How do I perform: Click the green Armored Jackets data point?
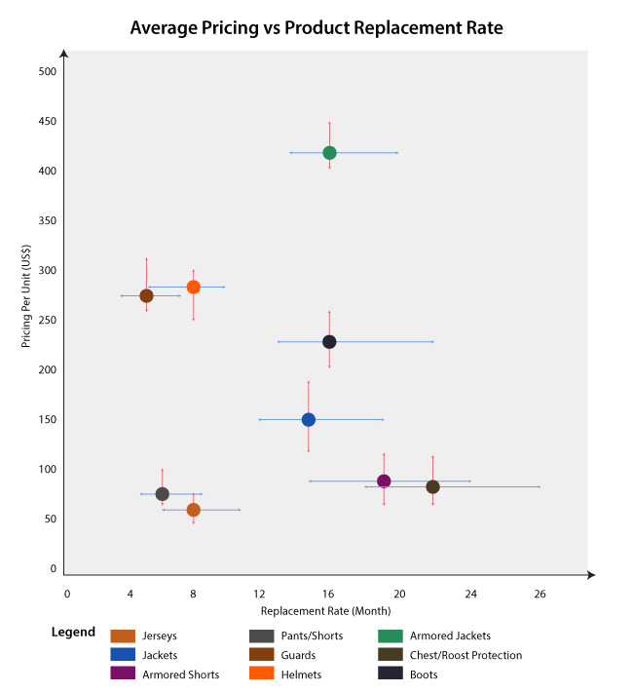click(x=329, y=153)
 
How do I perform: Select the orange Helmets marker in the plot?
click(x=194, y=287)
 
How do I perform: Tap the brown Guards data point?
click(x=146, y=295)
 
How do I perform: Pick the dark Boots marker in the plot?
click(x=329, y=342)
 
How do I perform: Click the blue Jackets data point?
click(x=309, y=420)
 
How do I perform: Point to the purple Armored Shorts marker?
click(x=384, y=481)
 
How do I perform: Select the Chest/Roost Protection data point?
click(x=432, y=486)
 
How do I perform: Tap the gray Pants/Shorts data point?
click(x=163, y=494)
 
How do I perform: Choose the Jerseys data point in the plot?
click(x=194, y=510)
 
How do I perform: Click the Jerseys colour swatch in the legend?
click(x=123, y=636)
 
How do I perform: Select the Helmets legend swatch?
click(x=262, y=674)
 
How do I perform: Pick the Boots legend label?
click(x=424, y=674)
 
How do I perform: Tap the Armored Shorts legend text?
click(x=180, y=674)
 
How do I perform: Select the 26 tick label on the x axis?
click(x=540, y=594)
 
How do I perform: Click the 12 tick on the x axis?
click(x=260, y=594)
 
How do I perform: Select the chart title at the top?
click(x=316, y=28)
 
